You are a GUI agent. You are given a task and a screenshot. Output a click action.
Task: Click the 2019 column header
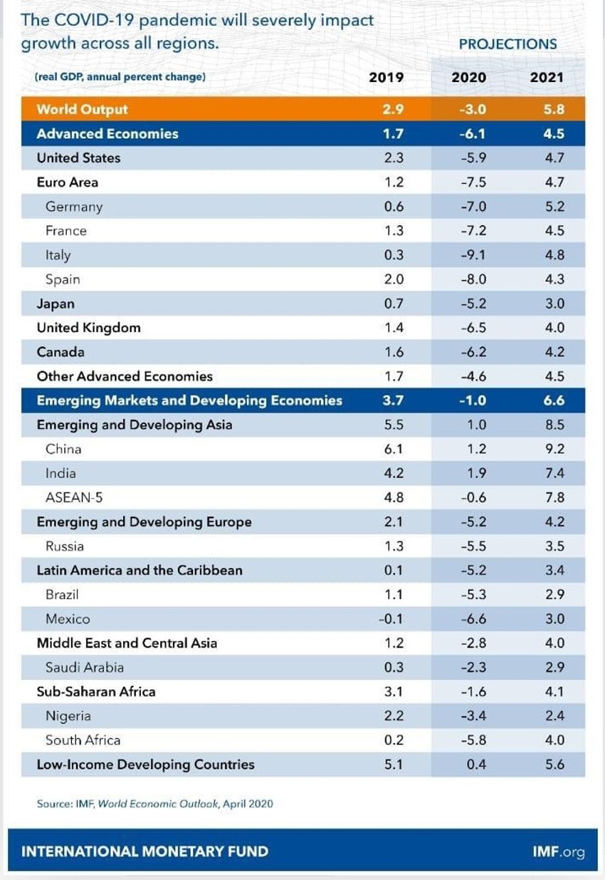coord(386,78)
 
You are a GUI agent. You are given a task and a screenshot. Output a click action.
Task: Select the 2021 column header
coord(547,78)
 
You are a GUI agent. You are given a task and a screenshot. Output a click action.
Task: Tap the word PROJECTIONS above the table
coord(507,44)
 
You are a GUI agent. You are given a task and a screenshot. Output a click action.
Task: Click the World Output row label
coord(82,110)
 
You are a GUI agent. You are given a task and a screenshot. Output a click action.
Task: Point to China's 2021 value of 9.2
coord(554,450)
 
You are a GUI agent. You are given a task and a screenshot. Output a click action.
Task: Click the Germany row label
coord(74,207)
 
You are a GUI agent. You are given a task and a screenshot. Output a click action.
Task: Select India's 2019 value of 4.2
coord(394,474)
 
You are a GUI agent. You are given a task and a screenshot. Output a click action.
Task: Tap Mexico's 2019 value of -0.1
coord(391,619)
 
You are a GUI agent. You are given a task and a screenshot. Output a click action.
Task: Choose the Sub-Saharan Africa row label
coord(96,692)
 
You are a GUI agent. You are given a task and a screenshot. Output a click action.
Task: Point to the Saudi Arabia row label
coord(85,668)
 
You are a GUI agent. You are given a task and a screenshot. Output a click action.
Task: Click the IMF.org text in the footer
coord(558,851)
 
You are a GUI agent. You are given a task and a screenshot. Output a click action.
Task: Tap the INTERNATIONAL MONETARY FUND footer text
coord(144,851)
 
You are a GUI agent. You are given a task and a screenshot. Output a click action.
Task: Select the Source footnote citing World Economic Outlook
coord(154,804)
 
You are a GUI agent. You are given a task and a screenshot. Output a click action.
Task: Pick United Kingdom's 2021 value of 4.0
coord(554,328)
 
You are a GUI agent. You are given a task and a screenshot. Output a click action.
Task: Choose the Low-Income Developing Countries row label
coord(145,765)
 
